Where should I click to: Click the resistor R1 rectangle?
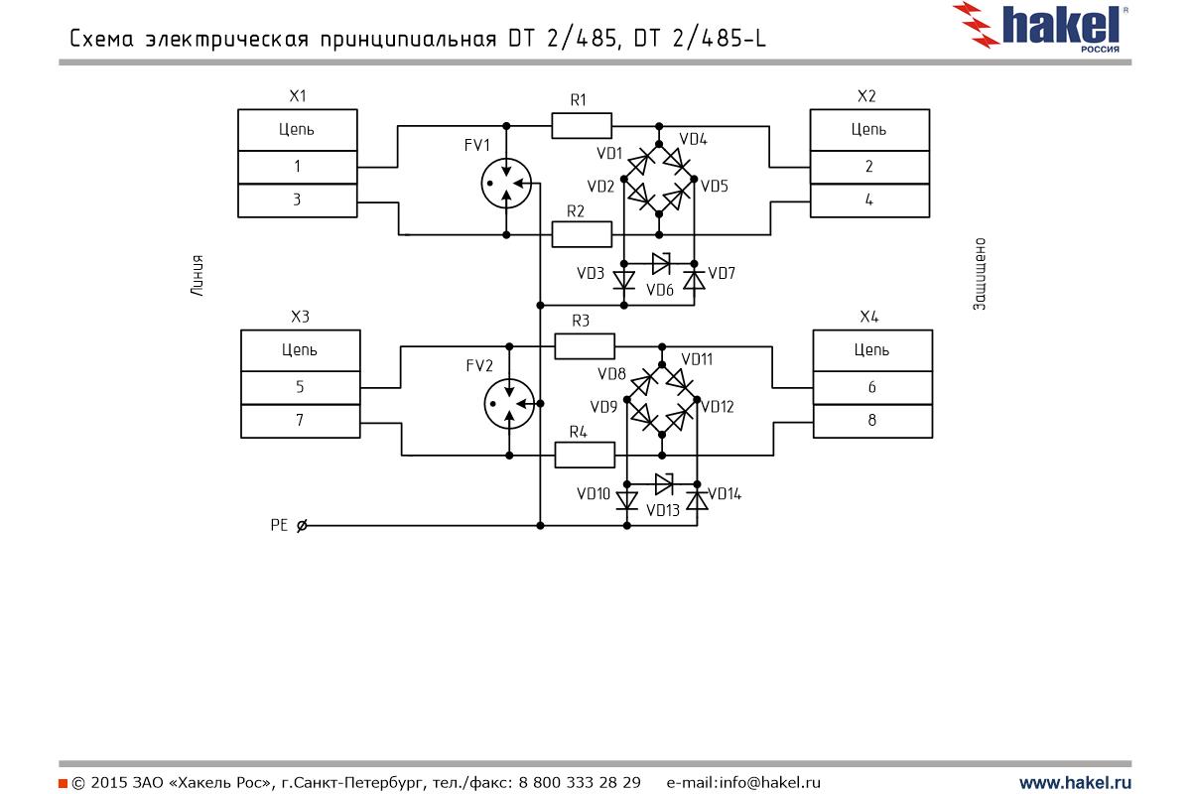[582, 125]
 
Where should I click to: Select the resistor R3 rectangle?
[585, 345]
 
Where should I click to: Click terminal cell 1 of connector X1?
[297, 167]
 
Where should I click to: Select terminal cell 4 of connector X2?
[869, 199]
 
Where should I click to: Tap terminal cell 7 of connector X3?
[300, 421]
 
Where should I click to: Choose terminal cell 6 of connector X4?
[871, 387]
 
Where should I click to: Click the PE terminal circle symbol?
[302, 525]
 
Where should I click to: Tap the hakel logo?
[1042, 27]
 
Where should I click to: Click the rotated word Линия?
[198, 277]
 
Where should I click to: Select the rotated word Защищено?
[979, 274]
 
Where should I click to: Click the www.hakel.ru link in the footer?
[1075, 782]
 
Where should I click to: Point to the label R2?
[575, 210]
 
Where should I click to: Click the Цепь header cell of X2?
[869, 129]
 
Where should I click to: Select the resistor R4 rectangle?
[585, 455]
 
